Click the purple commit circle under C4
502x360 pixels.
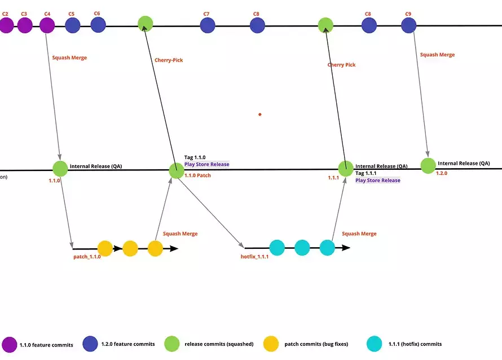coord(47,25)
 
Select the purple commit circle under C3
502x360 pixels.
coord(24,25)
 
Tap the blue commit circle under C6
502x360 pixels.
coord(98,25)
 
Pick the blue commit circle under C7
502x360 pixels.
coord(208,25)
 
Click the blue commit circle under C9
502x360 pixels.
coord(408,25)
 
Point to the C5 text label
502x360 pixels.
coord(71,13)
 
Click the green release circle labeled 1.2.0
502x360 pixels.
coord(428,165)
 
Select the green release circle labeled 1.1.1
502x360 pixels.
coord(345,168)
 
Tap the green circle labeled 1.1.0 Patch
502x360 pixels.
coord(177,170)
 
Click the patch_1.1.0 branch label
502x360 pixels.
coord(87,257)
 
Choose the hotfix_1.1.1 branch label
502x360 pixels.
coord(254,257)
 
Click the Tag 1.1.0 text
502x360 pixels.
coord(195,157)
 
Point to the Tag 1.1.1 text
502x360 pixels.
coord(366,173)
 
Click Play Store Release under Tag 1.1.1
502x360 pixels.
coord(377,181)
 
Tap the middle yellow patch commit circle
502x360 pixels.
coord(130,248)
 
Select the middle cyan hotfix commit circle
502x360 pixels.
coord(302,248)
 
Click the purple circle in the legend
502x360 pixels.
coord(10,344)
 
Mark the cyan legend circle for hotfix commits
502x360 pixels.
coord(374,344)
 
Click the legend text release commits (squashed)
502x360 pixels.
coord(216,344)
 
